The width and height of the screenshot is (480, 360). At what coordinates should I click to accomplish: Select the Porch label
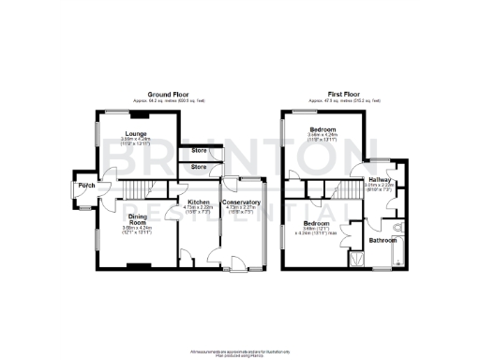pyautogui.click(x=86, y=184)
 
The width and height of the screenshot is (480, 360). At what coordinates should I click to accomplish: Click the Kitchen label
pyautogui.click(x=197, y=202)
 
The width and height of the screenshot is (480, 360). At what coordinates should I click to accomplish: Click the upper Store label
pyautogui.click(x=200, y=150)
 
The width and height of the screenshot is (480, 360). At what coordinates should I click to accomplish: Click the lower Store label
pyautogui.click(x=200, y=167)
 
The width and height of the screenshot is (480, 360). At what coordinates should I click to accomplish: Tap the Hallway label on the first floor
pyautogui.click(x=380, y=179)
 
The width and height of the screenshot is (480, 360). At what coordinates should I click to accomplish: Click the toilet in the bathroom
pyautogui.click(x=399, y=227)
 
